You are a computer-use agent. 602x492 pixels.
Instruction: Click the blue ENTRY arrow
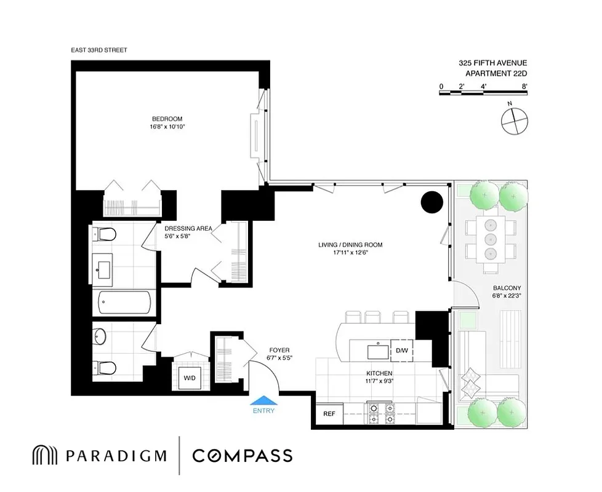click(x=263, y=400)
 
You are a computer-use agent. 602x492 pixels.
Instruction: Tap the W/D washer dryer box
click(x=188, y=378)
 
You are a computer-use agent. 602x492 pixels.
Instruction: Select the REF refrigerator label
click(x=329, y=414)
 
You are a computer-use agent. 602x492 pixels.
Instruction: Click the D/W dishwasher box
click(x=401, y=351)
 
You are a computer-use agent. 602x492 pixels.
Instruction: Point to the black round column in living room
click(x=432, y=202)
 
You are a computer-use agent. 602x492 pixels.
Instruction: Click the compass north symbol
click(x=515, y=120)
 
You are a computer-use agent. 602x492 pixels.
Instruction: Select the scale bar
click(x=483, y=93)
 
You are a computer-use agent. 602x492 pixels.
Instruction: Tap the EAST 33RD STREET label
click(x=99, y=50)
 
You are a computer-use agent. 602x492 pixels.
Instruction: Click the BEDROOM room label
click(x=167, y=119)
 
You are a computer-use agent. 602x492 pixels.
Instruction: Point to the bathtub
click(x=127, y=302)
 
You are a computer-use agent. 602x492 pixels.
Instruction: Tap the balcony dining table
click(x=491, y=239)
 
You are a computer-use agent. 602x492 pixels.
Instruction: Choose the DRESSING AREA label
click(x=188, y=228)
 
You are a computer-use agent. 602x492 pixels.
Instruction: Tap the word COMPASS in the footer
click(x=242, y=456)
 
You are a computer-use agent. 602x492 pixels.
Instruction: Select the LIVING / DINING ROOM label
click(x=350, y=245)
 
